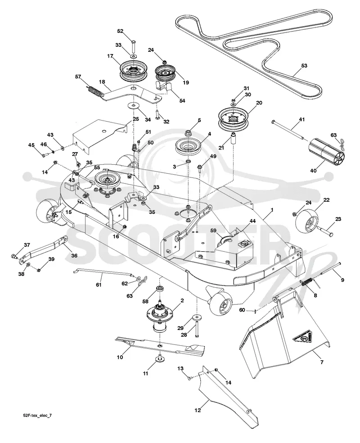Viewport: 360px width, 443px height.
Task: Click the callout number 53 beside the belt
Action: pyautogui.click(x=304, y=66)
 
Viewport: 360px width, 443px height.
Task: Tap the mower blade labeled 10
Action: pyautogui.click(x=160, y=345)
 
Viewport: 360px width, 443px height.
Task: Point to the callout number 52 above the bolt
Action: pyautogui.click(x=120, y=31)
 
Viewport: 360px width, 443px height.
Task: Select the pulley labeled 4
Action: pyautogui.click(x=188, y=147)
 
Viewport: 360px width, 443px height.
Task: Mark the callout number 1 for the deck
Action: pyautogui.click(x=272, y=210)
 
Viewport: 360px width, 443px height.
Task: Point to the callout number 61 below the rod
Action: pyautogui.click(x=99, y=285)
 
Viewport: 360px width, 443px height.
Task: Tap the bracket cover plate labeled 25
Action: pyautogui.click(x=100, y=135)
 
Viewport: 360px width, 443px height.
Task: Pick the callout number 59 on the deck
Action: pyautogui.click(x=213, y=231)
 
